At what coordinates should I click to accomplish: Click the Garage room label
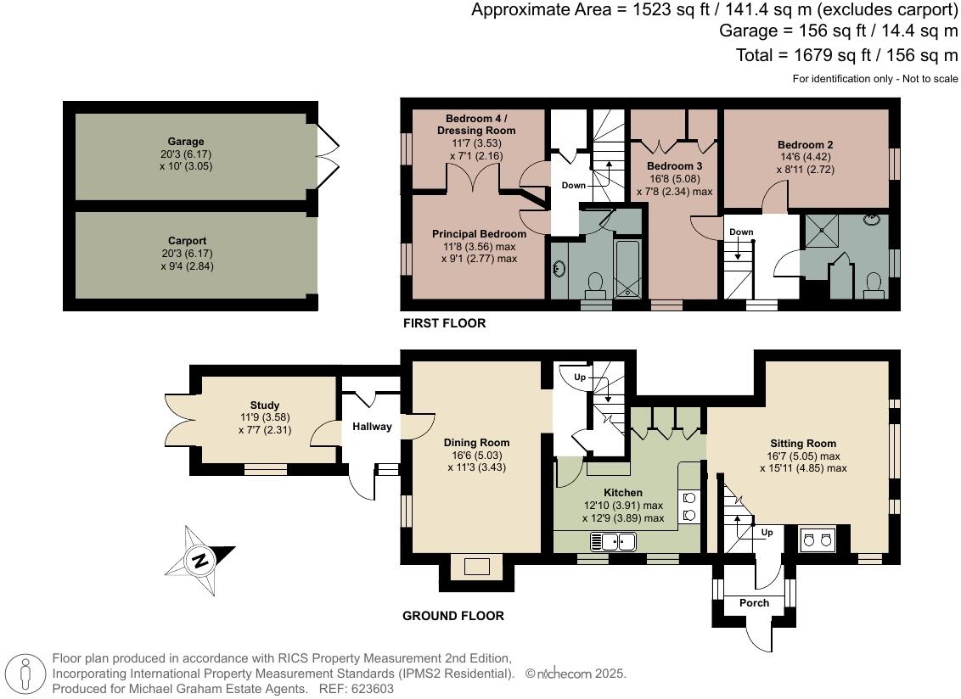(185, 142)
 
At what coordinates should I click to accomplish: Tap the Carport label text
(187, 241)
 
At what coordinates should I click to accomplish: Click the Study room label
(265, 405)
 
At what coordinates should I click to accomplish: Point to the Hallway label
(373, 427)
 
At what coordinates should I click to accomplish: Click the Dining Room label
(476, 442)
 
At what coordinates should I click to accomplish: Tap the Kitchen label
(622, 493)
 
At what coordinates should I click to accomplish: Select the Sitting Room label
(802, 443)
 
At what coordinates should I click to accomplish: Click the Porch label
(754, 603)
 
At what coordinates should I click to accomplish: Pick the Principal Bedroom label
(479, 233)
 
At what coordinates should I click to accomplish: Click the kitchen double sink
(614, 540)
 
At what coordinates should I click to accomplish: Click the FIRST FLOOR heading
(444, 324)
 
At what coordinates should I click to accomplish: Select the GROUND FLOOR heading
(452, 616)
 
